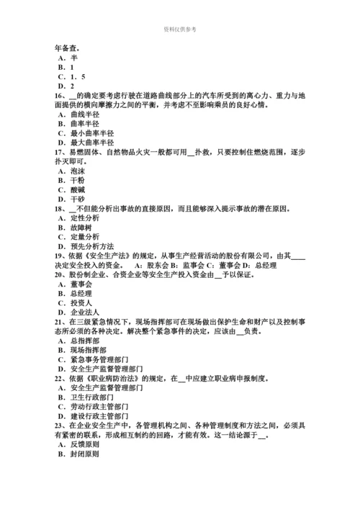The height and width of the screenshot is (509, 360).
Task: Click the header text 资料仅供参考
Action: pos(179,29)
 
